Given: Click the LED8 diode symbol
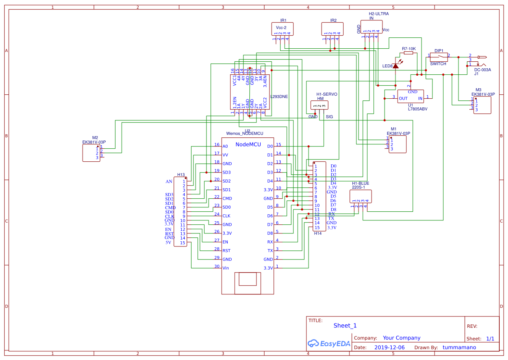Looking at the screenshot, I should [x=395, y=65].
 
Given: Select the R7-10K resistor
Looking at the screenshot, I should [x=408, y=53].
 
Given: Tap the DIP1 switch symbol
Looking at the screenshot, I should [x=439, y=56].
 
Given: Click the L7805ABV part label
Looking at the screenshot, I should [x=417, y=109].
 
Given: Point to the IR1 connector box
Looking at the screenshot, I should [x=283, y=29].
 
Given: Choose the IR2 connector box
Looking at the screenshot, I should [x=333, y=29].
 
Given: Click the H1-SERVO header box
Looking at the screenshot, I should [x=320, y=105].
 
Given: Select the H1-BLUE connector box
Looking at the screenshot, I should [x=361, y=196].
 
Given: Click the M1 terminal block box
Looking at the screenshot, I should [x=398, y=144].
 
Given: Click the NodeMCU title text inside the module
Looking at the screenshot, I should [x=248, y=144].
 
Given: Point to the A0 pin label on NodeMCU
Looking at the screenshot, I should [x=225, y=147].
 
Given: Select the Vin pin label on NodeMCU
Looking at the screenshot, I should [x=226, y=268].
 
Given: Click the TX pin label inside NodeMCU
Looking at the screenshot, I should [x=270, y=251].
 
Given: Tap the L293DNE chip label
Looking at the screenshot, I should [x=279, y=97].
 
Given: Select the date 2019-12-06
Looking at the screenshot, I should [x=389, y=347].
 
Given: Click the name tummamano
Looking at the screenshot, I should [x=459, y=347].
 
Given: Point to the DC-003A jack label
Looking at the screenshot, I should [x=482, y=70].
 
